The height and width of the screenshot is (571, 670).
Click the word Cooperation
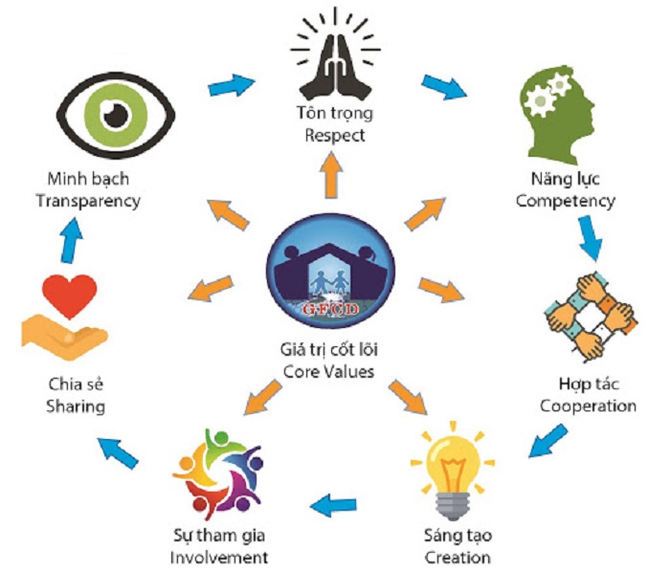(x=588, y=406)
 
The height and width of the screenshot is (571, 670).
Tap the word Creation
(x=457, y=557)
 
